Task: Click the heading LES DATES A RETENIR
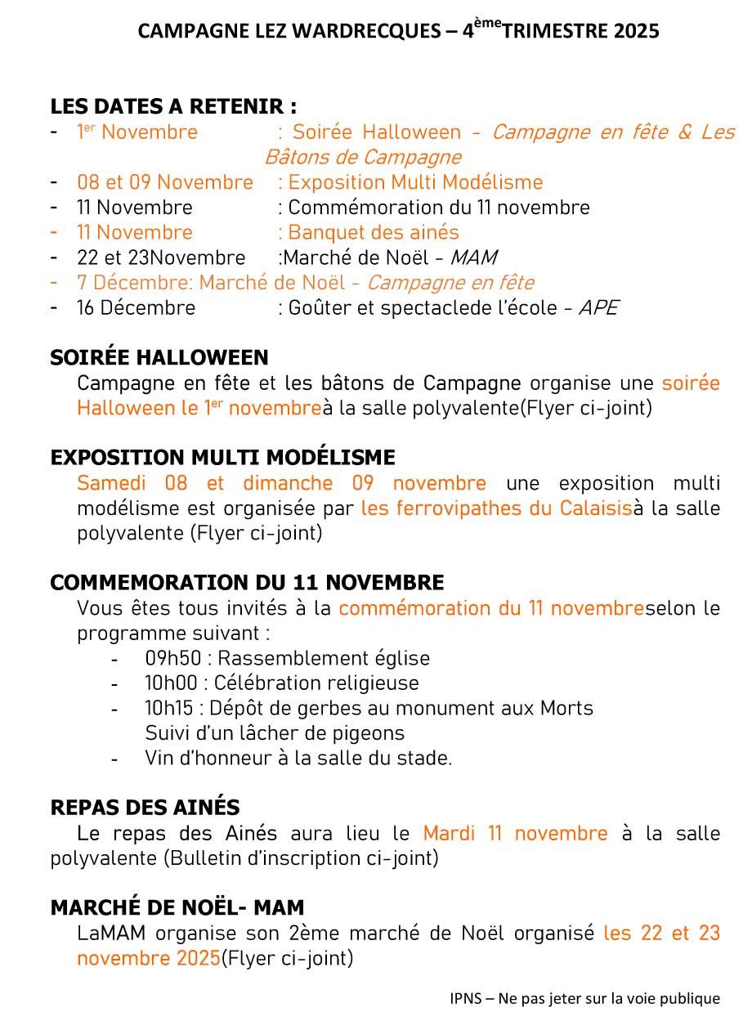click(x=173, y=107)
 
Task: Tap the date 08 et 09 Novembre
click(x=165, y=182)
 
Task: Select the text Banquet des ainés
click(x=374, y=232)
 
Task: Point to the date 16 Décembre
click(x=137, y=308)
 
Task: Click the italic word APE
click(x=598, y=308)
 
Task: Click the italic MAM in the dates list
click(x=474, y=257)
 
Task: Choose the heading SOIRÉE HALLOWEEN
click(x=159, y=357)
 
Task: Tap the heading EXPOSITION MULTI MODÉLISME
click(x=222, y=457)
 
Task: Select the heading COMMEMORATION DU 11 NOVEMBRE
click(x=247, y=583)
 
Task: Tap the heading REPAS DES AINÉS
click(x=145, y=808)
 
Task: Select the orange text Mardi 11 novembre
click(x=515, y=834)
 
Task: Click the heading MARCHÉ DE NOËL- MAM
click(x=177, y=907)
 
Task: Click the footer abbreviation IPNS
click(x=464, y=998)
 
